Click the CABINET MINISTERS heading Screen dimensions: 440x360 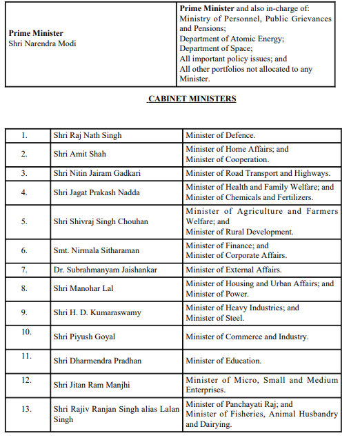192,99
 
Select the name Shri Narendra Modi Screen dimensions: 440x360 42,43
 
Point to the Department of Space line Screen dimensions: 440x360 215,48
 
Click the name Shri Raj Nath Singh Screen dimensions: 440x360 88,135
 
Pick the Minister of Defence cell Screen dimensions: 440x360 220,135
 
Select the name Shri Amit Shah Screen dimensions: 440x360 79,154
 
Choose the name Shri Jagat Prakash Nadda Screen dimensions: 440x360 97,192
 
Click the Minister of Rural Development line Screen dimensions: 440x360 239,232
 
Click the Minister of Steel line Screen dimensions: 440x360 214,318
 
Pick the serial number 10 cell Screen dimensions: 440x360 26,332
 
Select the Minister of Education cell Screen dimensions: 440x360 223,361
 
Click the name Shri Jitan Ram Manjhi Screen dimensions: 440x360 91,385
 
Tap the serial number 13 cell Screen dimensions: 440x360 26,409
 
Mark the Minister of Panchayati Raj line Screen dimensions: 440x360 239,404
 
